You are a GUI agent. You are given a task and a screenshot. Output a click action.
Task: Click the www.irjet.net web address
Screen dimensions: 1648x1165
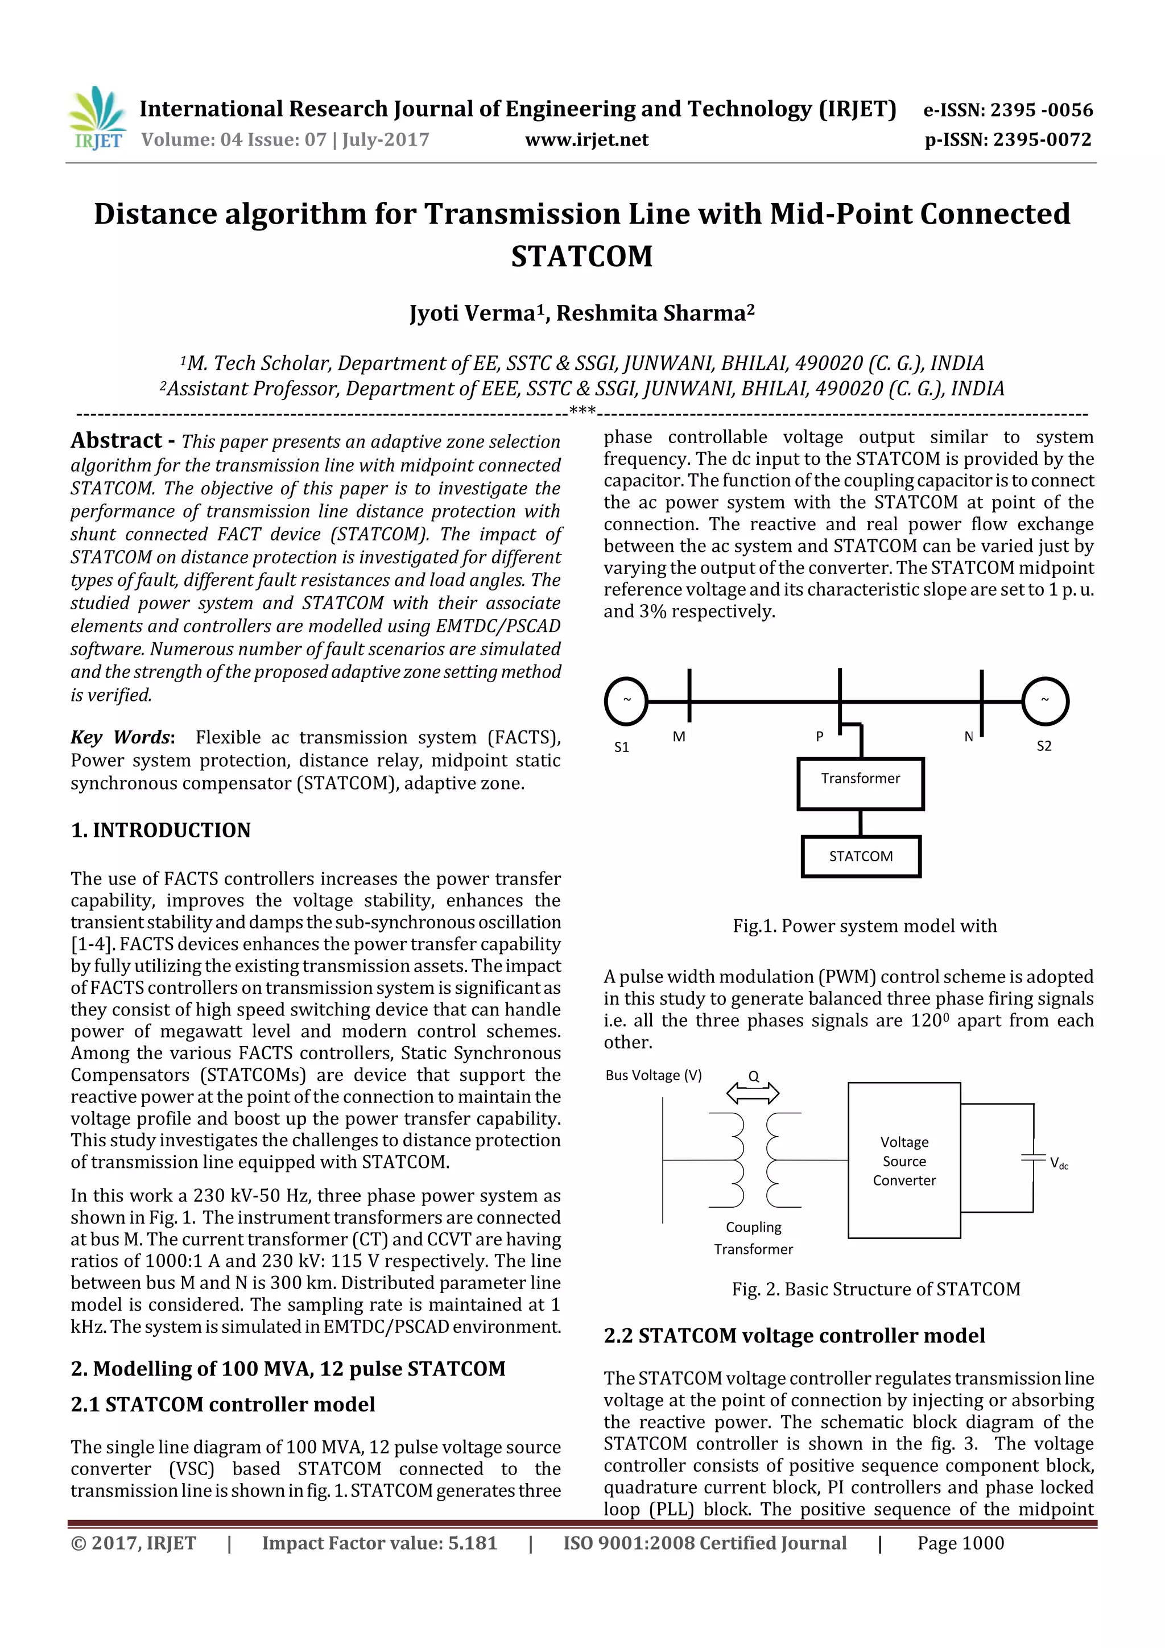[586, 140]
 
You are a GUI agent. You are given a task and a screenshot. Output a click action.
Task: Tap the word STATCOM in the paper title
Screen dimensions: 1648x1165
[581, 256]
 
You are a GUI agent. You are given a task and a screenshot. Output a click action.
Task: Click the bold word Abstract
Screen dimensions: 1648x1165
[116, 440]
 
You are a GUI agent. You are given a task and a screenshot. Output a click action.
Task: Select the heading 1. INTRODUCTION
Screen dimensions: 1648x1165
[161, 830]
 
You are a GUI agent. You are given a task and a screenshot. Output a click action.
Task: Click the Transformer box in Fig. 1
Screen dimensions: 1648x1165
[860, 783]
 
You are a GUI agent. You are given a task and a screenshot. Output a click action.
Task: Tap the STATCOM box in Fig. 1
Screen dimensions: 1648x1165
[860, 856]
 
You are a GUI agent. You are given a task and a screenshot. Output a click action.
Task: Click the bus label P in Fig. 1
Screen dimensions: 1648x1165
[819, 737]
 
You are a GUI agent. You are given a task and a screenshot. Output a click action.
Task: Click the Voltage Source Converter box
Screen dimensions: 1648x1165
[904, 1160]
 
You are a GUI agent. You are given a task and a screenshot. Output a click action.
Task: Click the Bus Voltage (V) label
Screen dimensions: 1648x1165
[653, 1075]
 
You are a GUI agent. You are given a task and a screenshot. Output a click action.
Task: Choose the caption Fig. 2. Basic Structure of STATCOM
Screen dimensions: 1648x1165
[875, 1289]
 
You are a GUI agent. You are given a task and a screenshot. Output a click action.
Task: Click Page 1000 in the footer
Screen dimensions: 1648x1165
[960, 1543]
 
